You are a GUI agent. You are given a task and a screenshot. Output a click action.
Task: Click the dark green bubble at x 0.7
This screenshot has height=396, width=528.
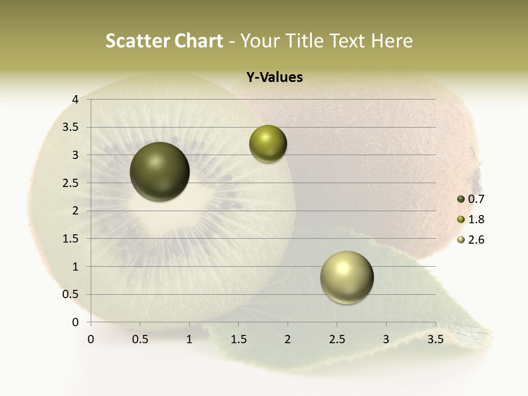click(x=160, y=172)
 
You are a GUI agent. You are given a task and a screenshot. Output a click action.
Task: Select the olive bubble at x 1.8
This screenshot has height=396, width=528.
click(x=268, y=144)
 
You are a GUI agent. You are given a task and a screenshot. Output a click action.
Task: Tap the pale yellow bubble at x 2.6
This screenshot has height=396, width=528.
click(x=346, y=277)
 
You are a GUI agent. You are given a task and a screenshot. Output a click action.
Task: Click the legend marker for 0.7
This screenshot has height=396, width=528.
click(x=461, y=199)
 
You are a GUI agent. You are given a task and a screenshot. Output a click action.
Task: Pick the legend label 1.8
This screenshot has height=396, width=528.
click(x=476, y=219)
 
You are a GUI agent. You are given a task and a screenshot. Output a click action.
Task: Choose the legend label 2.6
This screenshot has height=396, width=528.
click(x=476, y=240)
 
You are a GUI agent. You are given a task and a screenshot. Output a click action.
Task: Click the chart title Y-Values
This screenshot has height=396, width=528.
click(x=274, y=78)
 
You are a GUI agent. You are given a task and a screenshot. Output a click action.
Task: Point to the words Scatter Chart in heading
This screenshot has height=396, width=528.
click(x=164, y=41)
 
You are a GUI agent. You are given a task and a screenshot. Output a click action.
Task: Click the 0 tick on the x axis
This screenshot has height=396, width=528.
click(x=91, y=339)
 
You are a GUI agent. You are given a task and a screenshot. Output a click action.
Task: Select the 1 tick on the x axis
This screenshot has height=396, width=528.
click(x=189, y=339)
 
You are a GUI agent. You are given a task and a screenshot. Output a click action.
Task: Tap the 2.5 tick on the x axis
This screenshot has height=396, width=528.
click(x=337, y=339)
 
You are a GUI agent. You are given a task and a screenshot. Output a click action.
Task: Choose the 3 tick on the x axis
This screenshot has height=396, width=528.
click(x=386, y=339)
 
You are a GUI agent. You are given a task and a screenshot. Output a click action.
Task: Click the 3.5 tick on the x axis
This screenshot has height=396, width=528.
click(x=435, y=339)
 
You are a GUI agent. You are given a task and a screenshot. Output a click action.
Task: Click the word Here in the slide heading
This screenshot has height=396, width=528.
click(x=392, y=41)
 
